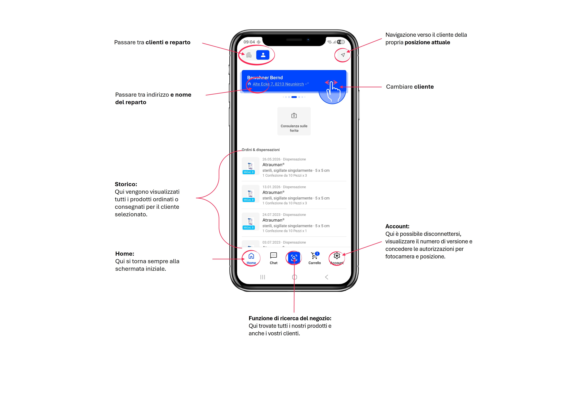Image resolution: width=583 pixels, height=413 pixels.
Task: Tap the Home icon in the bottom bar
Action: coord(251,256)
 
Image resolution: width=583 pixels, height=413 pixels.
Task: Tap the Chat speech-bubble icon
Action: coord(273,255)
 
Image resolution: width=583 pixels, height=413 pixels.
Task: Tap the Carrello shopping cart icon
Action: coord(314,255)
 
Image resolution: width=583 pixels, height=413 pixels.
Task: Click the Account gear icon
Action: coord(337,256)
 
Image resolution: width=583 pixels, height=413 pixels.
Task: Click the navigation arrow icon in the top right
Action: coord(343,55)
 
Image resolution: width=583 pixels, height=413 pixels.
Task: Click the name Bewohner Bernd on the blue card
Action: coord(265,78)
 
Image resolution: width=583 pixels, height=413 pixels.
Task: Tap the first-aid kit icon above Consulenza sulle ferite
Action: coord(294,116)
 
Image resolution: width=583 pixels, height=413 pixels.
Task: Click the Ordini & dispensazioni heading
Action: coord(260,150)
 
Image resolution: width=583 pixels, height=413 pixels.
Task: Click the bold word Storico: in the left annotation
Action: coord(126,184)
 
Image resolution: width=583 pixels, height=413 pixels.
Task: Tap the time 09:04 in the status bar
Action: coord(249,42)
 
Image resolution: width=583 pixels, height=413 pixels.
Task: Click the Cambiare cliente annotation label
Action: coord(410,87)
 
